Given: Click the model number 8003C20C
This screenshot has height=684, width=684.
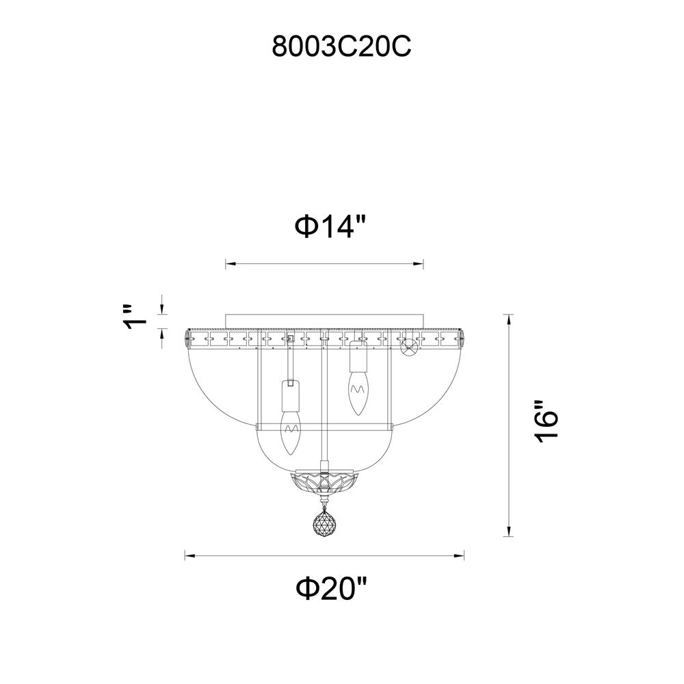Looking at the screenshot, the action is coord(341,47).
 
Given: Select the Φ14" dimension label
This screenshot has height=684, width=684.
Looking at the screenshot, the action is coord(330,227).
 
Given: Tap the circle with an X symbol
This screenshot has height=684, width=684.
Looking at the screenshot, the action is coord(409,347).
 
